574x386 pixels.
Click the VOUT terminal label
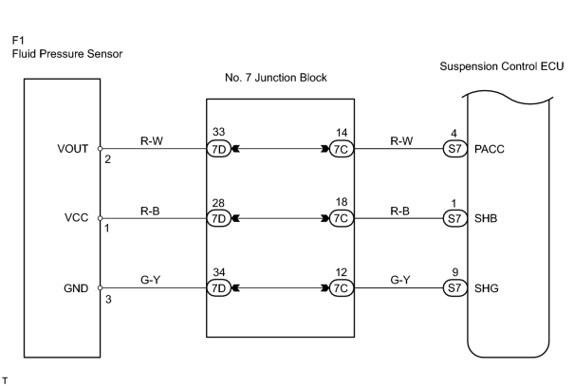(73, 149)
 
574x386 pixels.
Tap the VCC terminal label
(77, 218)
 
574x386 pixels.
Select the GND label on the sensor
(76, 288)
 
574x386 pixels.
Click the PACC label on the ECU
(490, 149)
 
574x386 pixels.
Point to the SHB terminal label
(486, 218)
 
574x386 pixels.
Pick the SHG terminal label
(487, 288)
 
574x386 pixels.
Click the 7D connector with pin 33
(219, 149)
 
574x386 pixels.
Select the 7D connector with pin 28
(219, 218)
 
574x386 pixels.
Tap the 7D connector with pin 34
(219, 288)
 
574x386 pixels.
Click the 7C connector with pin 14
(342, 149)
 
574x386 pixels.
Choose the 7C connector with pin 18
(342, 218)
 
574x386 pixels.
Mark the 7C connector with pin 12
(342, 288)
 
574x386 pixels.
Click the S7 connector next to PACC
(455, 149)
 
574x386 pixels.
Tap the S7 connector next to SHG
(455, 288)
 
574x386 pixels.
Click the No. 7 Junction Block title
(276, 78)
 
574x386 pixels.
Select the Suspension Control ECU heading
(502, 66)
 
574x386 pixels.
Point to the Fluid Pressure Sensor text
(67, 54)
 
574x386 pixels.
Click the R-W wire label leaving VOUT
(152, 141)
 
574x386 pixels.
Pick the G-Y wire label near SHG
(400, 280)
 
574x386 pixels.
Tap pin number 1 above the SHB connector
(454, 203)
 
